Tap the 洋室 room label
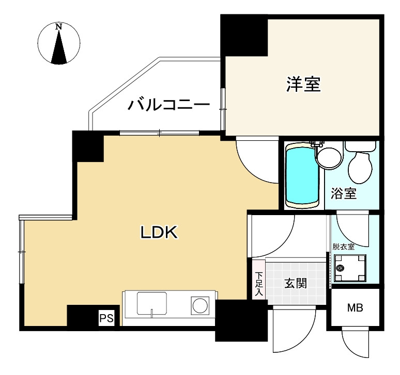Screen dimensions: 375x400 pos(303,85)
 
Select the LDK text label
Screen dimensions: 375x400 pos(160,233)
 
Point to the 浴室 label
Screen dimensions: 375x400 pos(344,194)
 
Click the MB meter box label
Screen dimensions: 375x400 pos(355,308)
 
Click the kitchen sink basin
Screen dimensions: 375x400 pos(151,303)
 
